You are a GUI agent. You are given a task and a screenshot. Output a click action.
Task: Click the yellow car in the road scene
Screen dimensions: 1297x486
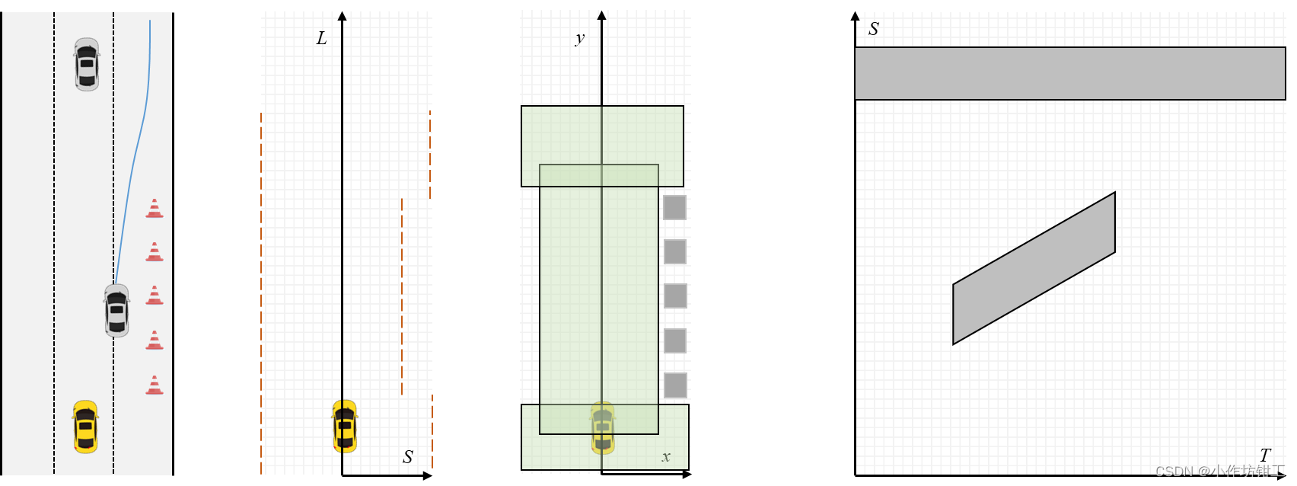click(x=85, y=427)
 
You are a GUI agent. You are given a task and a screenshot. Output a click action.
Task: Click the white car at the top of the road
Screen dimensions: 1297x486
click(x=87, y=64)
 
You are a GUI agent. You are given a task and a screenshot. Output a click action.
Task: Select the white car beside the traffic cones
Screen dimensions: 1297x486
click(x=116, y=310)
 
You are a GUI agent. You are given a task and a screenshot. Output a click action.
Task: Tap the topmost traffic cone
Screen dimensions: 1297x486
click(x=155, y=209)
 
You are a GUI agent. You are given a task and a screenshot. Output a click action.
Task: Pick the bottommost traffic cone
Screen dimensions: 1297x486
click(x=155, y=385)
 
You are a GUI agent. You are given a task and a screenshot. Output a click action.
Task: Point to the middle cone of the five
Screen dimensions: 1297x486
click(x=155, y=296)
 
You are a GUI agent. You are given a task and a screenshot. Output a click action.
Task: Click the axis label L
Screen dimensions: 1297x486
click(x=322, y=39)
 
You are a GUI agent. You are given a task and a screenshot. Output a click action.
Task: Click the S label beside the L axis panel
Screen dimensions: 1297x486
click(x=408, y=457)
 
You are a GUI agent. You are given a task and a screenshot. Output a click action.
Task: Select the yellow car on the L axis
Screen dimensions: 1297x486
click(x=345, y=426)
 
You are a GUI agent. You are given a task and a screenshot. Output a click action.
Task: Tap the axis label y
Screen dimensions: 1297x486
click(x=580, y=38)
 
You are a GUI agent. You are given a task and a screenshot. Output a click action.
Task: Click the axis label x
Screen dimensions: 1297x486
click(x=666, y=457)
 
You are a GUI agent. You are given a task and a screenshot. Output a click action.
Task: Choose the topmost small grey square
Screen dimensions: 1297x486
click(x=675, y=207)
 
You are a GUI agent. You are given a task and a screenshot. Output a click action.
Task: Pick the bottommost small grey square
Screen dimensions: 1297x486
click(x=675, y=385)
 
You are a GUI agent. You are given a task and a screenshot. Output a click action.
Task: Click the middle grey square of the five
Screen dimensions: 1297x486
click(x=675, y=296)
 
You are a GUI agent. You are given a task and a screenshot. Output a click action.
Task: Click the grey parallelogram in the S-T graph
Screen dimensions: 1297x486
click(x=1034, y=268)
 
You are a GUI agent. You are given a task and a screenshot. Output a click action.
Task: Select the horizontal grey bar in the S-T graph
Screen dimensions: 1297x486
click(x=1069, y=73)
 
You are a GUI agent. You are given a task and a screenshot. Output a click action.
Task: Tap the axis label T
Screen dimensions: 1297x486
click(x=1265, y=456)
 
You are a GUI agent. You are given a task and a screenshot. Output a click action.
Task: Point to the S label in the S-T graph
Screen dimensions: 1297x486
click(x=874, y=29)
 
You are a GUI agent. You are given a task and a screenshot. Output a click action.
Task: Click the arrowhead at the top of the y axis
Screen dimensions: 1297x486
click(x=602, y=15)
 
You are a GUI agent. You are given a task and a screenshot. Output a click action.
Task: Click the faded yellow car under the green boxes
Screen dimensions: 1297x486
click(x=603, y=427)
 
